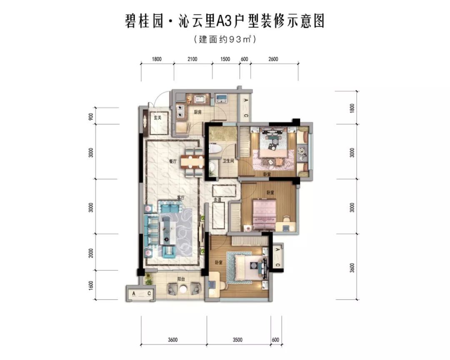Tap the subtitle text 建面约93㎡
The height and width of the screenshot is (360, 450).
pyautogui.click(x=225, y=40)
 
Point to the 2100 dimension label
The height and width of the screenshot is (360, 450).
pyautogui.click(x=192, y=59)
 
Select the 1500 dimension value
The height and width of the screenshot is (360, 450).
pyautogui.click(x=225, y=59)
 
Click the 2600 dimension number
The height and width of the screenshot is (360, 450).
pyautogui.click(x=273, y=59)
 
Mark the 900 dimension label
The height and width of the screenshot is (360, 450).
pyautogui.click(x=90, y=115)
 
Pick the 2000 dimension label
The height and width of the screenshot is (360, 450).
pyautogui.click(x=90, y=253)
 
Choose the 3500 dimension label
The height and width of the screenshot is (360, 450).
pyautogui.click(x=238, y=340)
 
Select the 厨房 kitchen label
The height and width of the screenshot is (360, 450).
pyautogui.click(x=197, y=112)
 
